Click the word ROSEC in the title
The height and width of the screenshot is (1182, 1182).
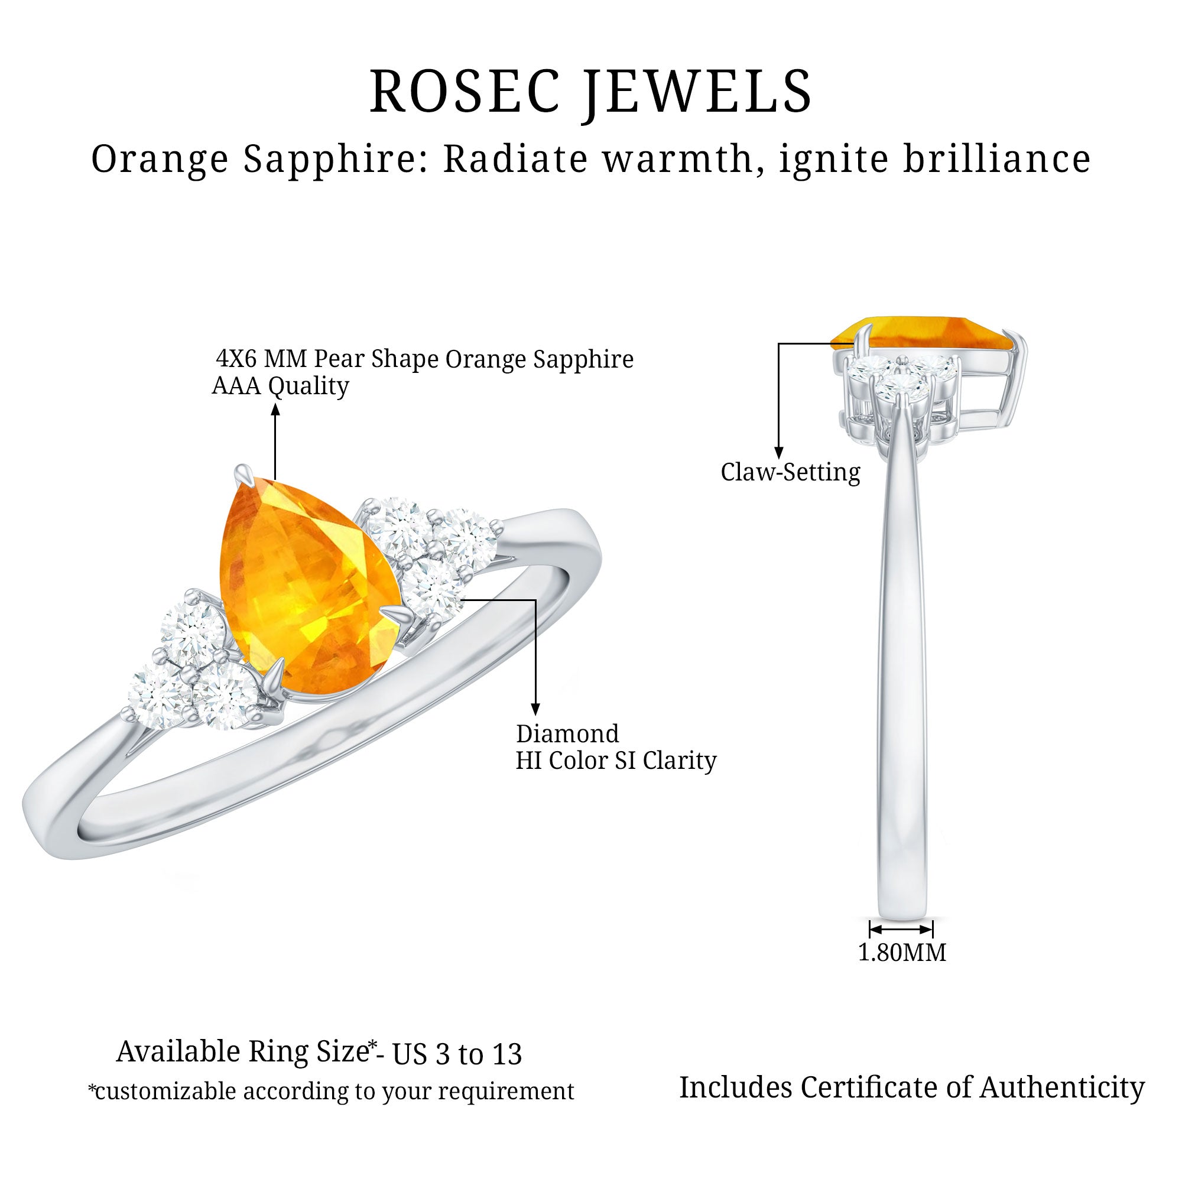click(x=465, y=92)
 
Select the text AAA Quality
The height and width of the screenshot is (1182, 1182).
click(x=280, y=386)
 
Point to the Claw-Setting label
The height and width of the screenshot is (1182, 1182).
click(x=790, y=472)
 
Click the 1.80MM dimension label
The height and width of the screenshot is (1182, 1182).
click(x=902, y=953)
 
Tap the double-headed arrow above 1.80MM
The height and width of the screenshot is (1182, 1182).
click(x=901, y=929)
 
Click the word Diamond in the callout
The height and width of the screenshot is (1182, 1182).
click(x=567, y=733)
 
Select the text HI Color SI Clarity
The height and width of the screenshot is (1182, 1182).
click(x=615, y=761)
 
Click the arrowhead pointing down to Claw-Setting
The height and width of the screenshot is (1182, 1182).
click(x=778, y=453)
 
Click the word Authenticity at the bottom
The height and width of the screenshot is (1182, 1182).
click(x=1062, y=1088)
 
